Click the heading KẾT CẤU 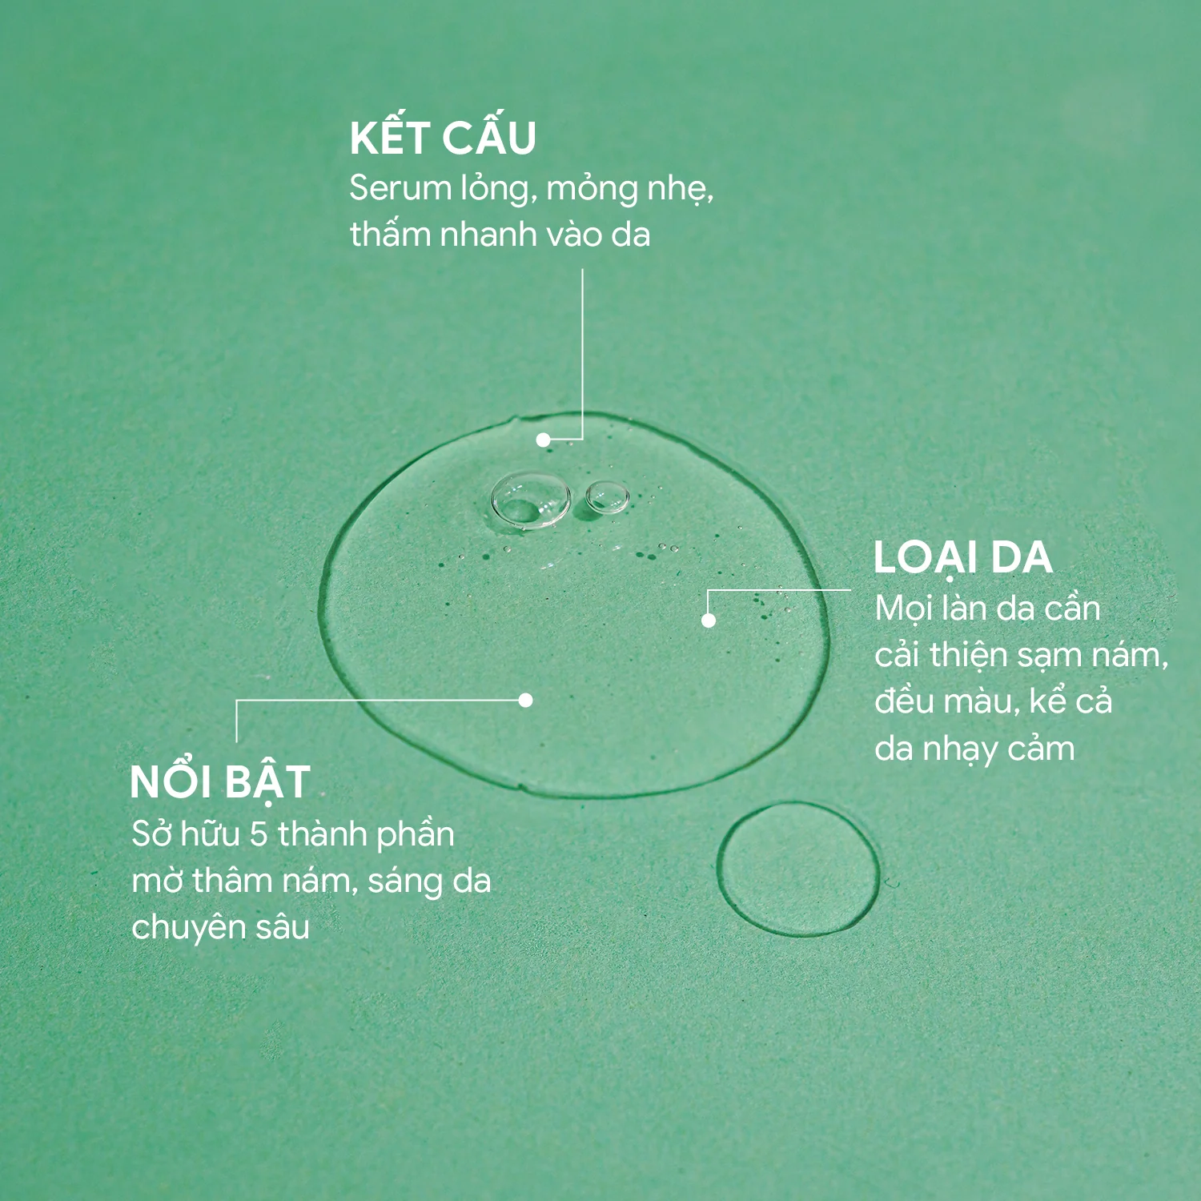coord(443,137)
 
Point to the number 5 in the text coord(258,834)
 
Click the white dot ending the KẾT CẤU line coord(543,440)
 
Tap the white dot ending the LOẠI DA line coord(709,620)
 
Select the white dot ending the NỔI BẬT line coord(525,700)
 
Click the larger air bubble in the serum coord(530,500)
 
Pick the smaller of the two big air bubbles coord(606,496)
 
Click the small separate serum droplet coord(798,870)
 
